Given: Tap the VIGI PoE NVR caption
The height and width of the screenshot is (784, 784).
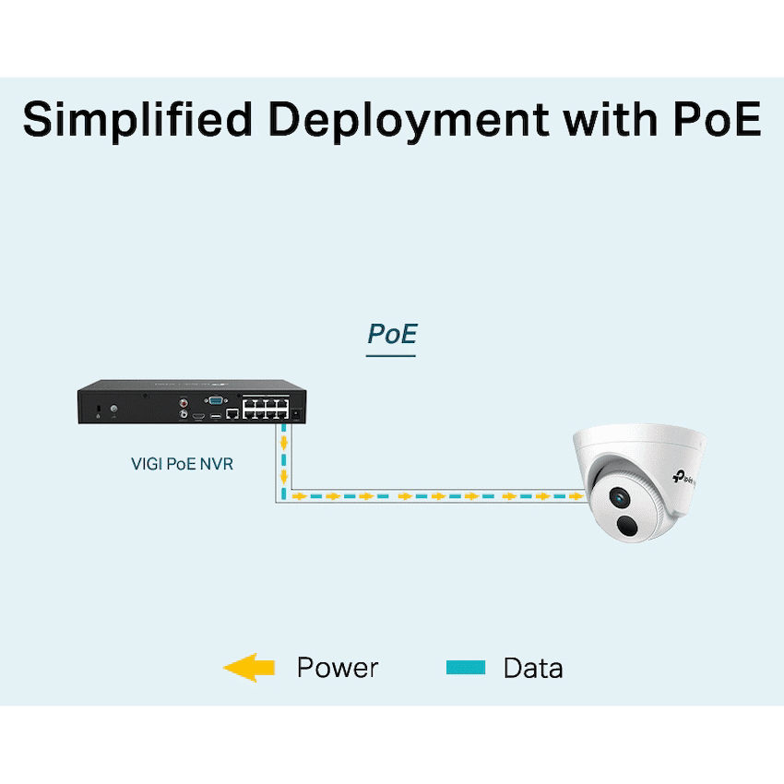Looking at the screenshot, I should pyautogui.click(x=182, y=463).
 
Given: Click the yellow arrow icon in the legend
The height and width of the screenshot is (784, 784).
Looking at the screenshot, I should pyautogui.click(x=249, y=667).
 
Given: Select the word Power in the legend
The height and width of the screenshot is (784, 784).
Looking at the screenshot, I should pyautogui.click(x=337, y=668).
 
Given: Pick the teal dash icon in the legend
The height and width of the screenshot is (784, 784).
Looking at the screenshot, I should pyautogui.click(x=465, y=667).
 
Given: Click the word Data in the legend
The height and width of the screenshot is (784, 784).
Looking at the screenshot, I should pyautogui.click(x=533, y=668).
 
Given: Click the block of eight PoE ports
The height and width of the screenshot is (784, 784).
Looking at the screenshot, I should pyautogui.click(x=266, y=408).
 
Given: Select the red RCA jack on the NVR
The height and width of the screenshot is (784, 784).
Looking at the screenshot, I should pyautogui.click(x=184, y=401).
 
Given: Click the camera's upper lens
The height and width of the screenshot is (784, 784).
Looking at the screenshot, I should pyautogui.click(x=617, y=497).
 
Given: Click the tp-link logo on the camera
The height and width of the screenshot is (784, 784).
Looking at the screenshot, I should pyautogui.click(x=683, y=476).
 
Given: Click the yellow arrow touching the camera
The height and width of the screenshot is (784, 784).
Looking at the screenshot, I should pyautogui.click(x=576, y=496).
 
